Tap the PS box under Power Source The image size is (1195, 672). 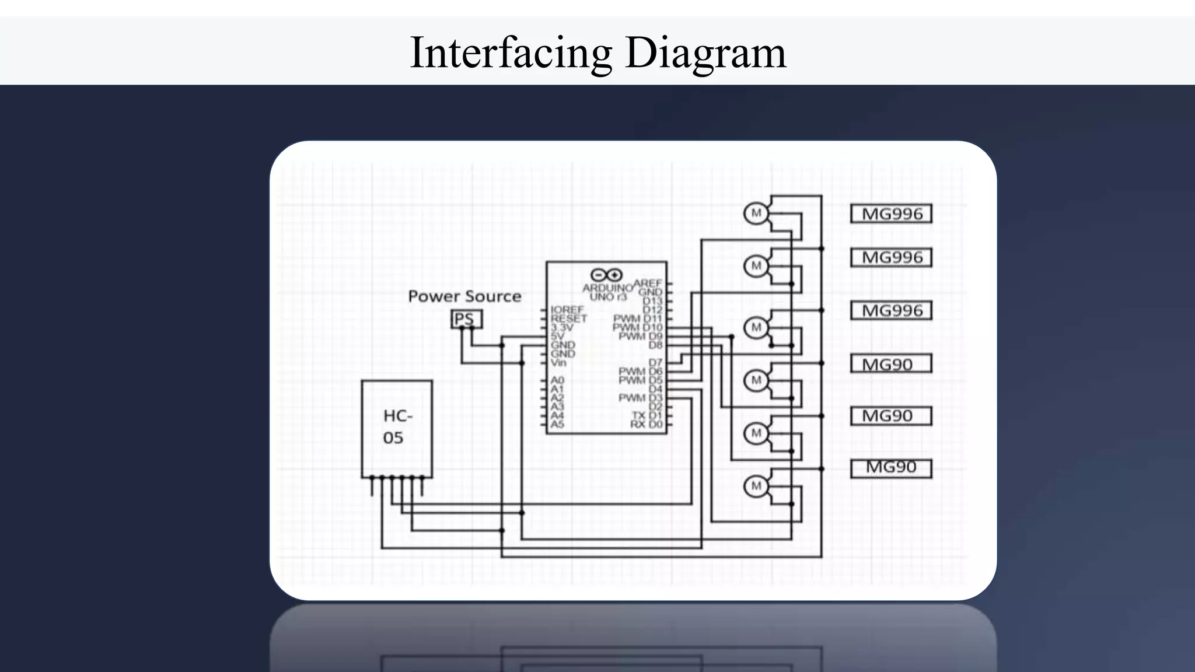click(466, 319)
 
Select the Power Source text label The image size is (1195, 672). click(464, 296)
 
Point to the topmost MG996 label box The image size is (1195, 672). click(891, 214)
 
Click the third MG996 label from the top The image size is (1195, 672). click(891, 310)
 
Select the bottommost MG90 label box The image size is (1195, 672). click(890, 468)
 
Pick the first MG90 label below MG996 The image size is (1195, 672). click(890, 365)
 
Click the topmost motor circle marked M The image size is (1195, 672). click(756, 213)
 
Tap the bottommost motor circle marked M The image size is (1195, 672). click(756, 486)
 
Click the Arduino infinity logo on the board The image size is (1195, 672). click(607, 275)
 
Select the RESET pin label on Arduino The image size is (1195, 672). click(568, 318)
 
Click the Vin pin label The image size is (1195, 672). click(558, 363)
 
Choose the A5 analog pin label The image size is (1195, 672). click(557, 424)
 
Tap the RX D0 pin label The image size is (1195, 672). click(647, 424)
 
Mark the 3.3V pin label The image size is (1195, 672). click(561, 327)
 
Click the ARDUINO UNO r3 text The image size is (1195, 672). click(607, 292)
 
